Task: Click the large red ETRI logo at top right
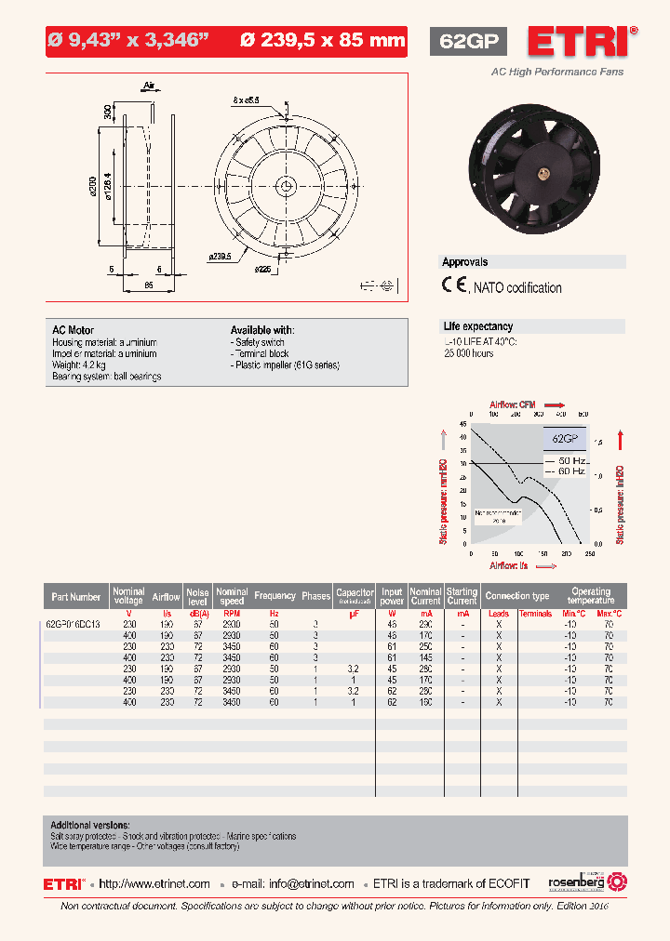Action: pos(579,42)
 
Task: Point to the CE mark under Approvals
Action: pos(454,286)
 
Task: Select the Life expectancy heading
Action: pos(477,326)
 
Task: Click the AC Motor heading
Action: pos(74,330)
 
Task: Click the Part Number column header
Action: pos(76,597)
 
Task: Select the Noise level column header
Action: pos(197,597)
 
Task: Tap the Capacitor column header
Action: pos(355,596)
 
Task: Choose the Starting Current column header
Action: pos(462,597)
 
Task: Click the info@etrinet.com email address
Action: pos(311,883)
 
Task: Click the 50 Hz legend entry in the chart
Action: pos(570,460)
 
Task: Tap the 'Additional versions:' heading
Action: pos(90,825)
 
